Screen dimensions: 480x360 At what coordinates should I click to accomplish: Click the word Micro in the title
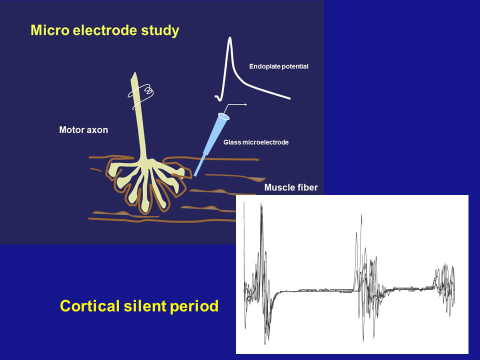[x=50, y=30]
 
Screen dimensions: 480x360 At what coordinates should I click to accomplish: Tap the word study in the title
[x=160, y=31]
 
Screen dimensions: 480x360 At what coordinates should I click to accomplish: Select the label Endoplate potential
[x=278, y=66]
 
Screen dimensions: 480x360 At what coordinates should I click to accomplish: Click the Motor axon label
[x=83, y=130]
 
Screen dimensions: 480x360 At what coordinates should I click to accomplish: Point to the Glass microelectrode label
[x=256, y=142]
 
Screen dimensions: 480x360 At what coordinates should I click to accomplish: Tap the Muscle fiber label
[x=291, y=187]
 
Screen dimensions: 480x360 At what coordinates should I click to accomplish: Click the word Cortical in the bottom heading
[x=89, y=306]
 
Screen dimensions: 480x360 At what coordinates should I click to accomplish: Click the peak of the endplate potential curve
[x=229, y=38]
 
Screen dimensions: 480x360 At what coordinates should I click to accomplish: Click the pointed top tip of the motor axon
[x=134, y=73]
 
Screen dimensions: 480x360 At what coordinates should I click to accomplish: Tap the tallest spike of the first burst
[x=261, y=205]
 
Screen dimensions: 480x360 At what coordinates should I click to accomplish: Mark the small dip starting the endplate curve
[x=218, y=98]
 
